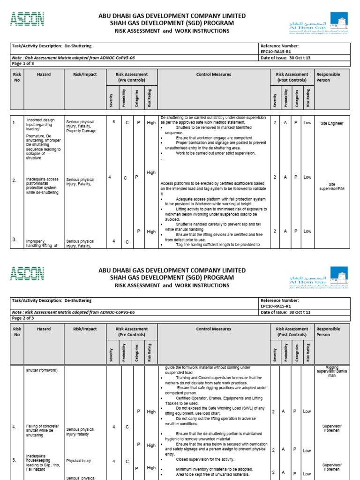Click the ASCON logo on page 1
(27, 19)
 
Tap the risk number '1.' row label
(15, 123)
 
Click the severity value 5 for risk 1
(113, 121)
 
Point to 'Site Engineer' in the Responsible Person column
(332, 123)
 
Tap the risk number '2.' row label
(15, 180)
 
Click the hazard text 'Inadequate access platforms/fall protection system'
(42, 186)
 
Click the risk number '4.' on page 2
(15, 427)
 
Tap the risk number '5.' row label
(15, 460)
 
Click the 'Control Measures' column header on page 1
(213, 75)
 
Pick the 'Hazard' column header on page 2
(44, 329)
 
